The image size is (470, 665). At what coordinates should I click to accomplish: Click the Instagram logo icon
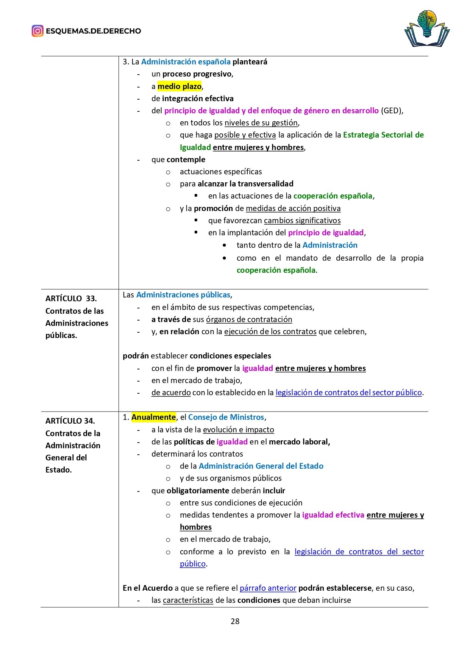pyautogui.click(x=37, y=31)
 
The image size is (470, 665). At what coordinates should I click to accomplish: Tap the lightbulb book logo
pyautogui.click(x=427, y=29)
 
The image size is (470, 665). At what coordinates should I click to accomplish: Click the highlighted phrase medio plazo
pyautogui.click(x=180, y=86)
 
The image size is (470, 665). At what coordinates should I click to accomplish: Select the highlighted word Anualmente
pyautogui.click(x=153, y=417)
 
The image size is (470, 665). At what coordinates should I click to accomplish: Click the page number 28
pyautogui.click(x=235, y=621)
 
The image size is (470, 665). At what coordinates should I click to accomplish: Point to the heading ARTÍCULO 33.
pyautogui.click(x=71, y=299)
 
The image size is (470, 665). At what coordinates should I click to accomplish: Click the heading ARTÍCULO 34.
pyautogui.click(x=70, y=421)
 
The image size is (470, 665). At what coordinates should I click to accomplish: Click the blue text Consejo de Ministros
pyautogui.click(x=226, y=417)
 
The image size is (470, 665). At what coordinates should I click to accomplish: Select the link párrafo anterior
pyautogui.click(x=268, y=588)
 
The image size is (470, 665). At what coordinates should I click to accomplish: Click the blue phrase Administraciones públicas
pyautogui.click(x=183, y=295)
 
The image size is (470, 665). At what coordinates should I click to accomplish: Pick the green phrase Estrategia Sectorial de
pyautogui.click(x=383, y=135)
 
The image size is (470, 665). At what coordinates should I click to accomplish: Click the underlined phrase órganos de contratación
pyautogui.click(x=249, y=319)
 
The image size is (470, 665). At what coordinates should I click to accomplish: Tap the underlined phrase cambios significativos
pyautogui.click(x=302, y=221)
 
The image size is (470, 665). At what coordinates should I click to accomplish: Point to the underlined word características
pyautogui.click(x=188, y=600)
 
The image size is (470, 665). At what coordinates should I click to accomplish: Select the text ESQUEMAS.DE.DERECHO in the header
pyautogui.click(x=93, y=31)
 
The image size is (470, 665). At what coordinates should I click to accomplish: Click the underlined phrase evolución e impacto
pyautogui.click(x=238, y=430)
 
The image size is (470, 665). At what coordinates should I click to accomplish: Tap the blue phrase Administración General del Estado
pyautogui.click(x=261, y=466)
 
